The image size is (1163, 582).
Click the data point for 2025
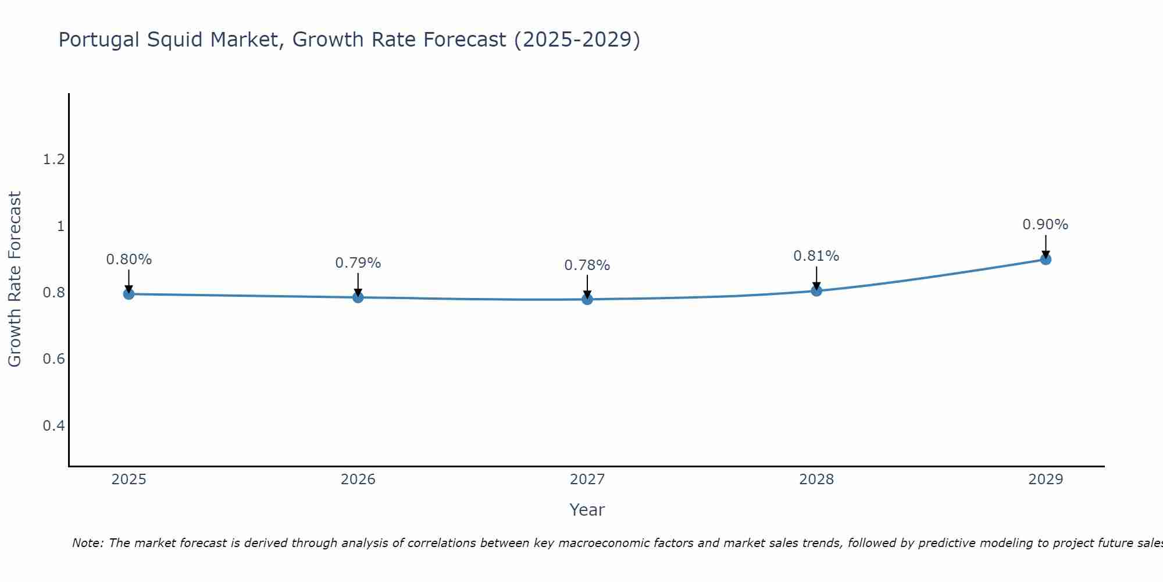click(x=129, y=294)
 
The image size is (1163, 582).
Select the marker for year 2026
click(x=358, y=297)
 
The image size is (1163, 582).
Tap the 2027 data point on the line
click(x=587, y=299)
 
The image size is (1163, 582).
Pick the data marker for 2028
click(x=816, y=290)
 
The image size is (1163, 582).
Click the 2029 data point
click(x=1046, y=259)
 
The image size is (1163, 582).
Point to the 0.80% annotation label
click(x=129, y=260)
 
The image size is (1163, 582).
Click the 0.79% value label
click(x=358, y=263)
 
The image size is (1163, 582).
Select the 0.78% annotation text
click(x=587, y=265)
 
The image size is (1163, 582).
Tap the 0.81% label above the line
click(x=816, y=256)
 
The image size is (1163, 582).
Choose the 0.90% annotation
click(x=1046, y=225)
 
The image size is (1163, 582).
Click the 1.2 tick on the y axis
click(x=53, y=159)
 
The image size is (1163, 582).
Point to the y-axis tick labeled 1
click(x=60, y=226)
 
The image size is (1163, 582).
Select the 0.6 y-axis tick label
click(x=53, y=359)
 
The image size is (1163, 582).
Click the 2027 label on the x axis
click(x=587, y=480)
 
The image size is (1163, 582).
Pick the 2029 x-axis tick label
click(x=1046, y=480)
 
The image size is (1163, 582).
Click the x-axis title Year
click(x=587, y=510)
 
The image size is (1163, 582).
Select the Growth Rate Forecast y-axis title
click(x=15, y=279)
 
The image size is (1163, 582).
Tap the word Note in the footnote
click(x=87, y=543)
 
